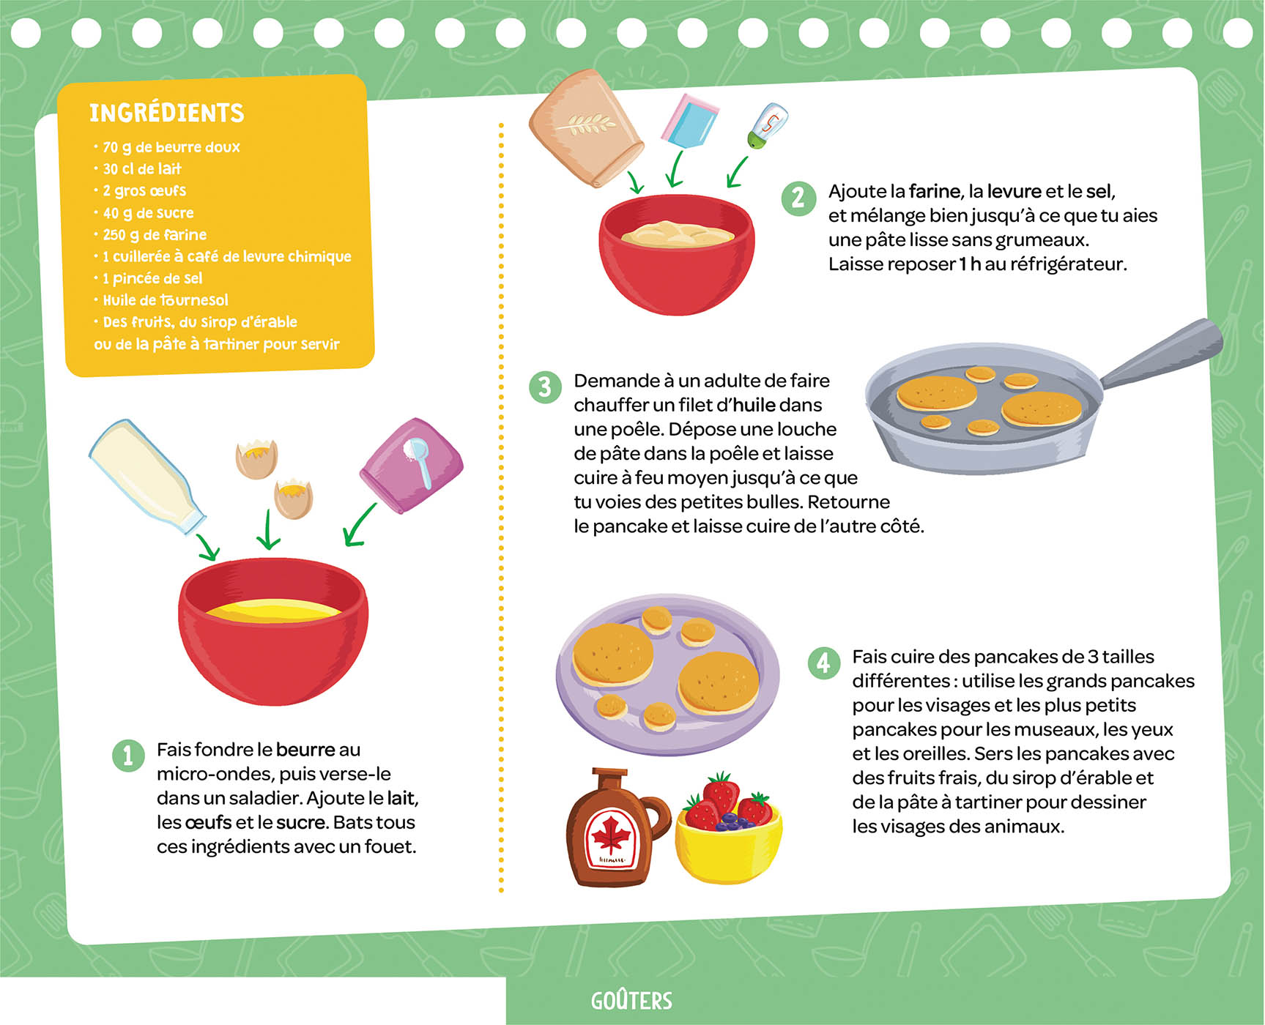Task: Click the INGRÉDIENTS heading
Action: [166, 113]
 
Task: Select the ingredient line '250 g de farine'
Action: [155, 235]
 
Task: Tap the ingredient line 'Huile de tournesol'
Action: [166, 300]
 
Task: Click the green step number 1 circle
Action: [128, 756]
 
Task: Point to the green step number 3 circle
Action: [545, 387]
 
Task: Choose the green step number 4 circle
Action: [823, 663]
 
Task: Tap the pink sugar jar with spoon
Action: [412, 466]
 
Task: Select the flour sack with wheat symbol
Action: [586, 128]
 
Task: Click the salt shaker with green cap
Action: [767, 126]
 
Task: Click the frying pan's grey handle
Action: [1165, 352]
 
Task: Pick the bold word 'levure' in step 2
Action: [1014, 192]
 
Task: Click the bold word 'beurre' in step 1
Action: [305, 750]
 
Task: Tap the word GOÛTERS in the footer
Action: [631, 1001]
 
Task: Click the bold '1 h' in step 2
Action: [969, 264]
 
